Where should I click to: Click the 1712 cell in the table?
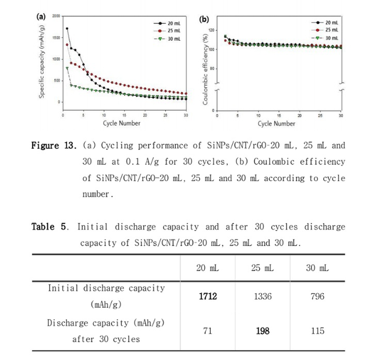[x=207, y=297]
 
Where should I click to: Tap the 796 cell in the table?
[x=317, y=297]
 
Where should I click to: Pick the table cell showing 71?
[x=207, y=331]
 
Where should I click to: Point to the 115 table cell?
[x=317, y=331]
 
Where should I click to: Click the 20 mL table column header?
[x=207, y=268]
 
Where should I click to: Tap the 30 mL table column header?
[x=317, y=268]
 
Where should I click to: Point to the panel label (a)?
[x=42, y=17]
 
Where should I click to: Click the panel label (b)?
[x=204, y=19]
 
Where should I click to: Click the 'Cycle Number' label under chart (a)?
[x=121, y=123]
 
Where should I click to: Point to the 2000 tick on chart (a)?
[x=56, y=16]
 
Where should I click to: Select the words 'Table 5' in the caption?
[x=50, y=227]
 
